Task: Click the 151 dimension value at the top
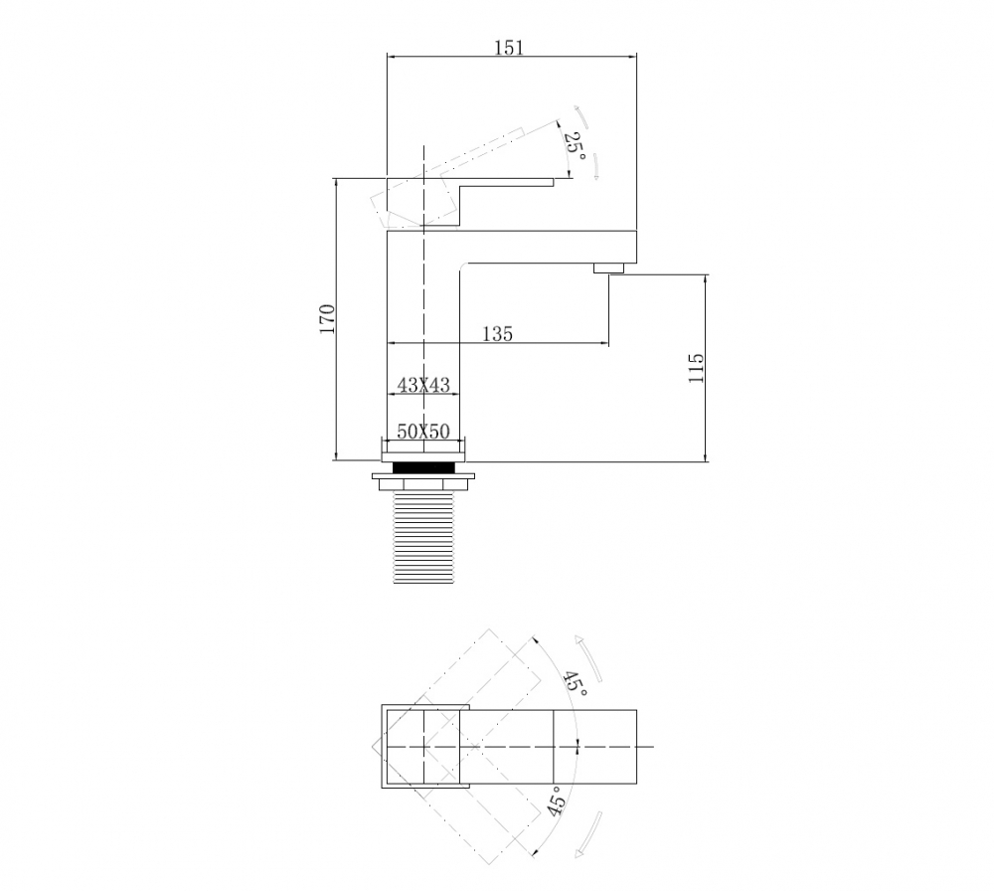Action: pyautogui.click(x=508, y=48)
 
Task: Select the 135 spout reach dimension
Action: pyautogui.click(x=497, y=334)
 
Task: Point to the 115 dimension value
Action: pyautogui.click(x=695, y=369)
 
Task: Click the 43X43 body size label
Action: pyautogui.click(x=422, y=385)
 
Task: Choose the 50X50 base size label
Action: pyautogui.click(x=423, y=432)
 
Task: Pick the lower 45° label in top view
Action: pyautogui.click(x=557, y=801)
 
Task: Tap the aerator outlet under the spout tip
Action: pyautogui.click(x=607, y=267)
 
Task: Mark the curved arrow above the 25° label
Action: pyautogui.click(x=582, y=115)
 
